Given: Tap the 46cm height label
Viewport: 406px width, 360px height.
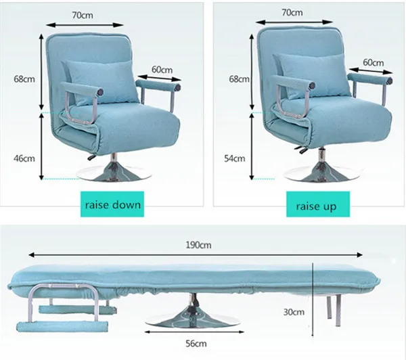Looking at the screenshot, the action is [23, 158].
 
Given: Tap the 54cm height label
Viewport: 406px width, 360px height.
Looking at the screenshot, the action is [234, 158].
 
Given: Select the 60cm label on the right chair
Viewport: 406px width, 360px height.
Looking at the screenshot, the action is [373, 62].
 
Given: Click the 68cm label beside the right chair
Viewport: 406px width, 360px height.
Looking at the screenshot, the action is [238, 78].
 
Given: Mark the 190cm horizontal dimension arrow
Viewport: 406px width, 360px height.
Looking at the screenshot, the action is [196, 256].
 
